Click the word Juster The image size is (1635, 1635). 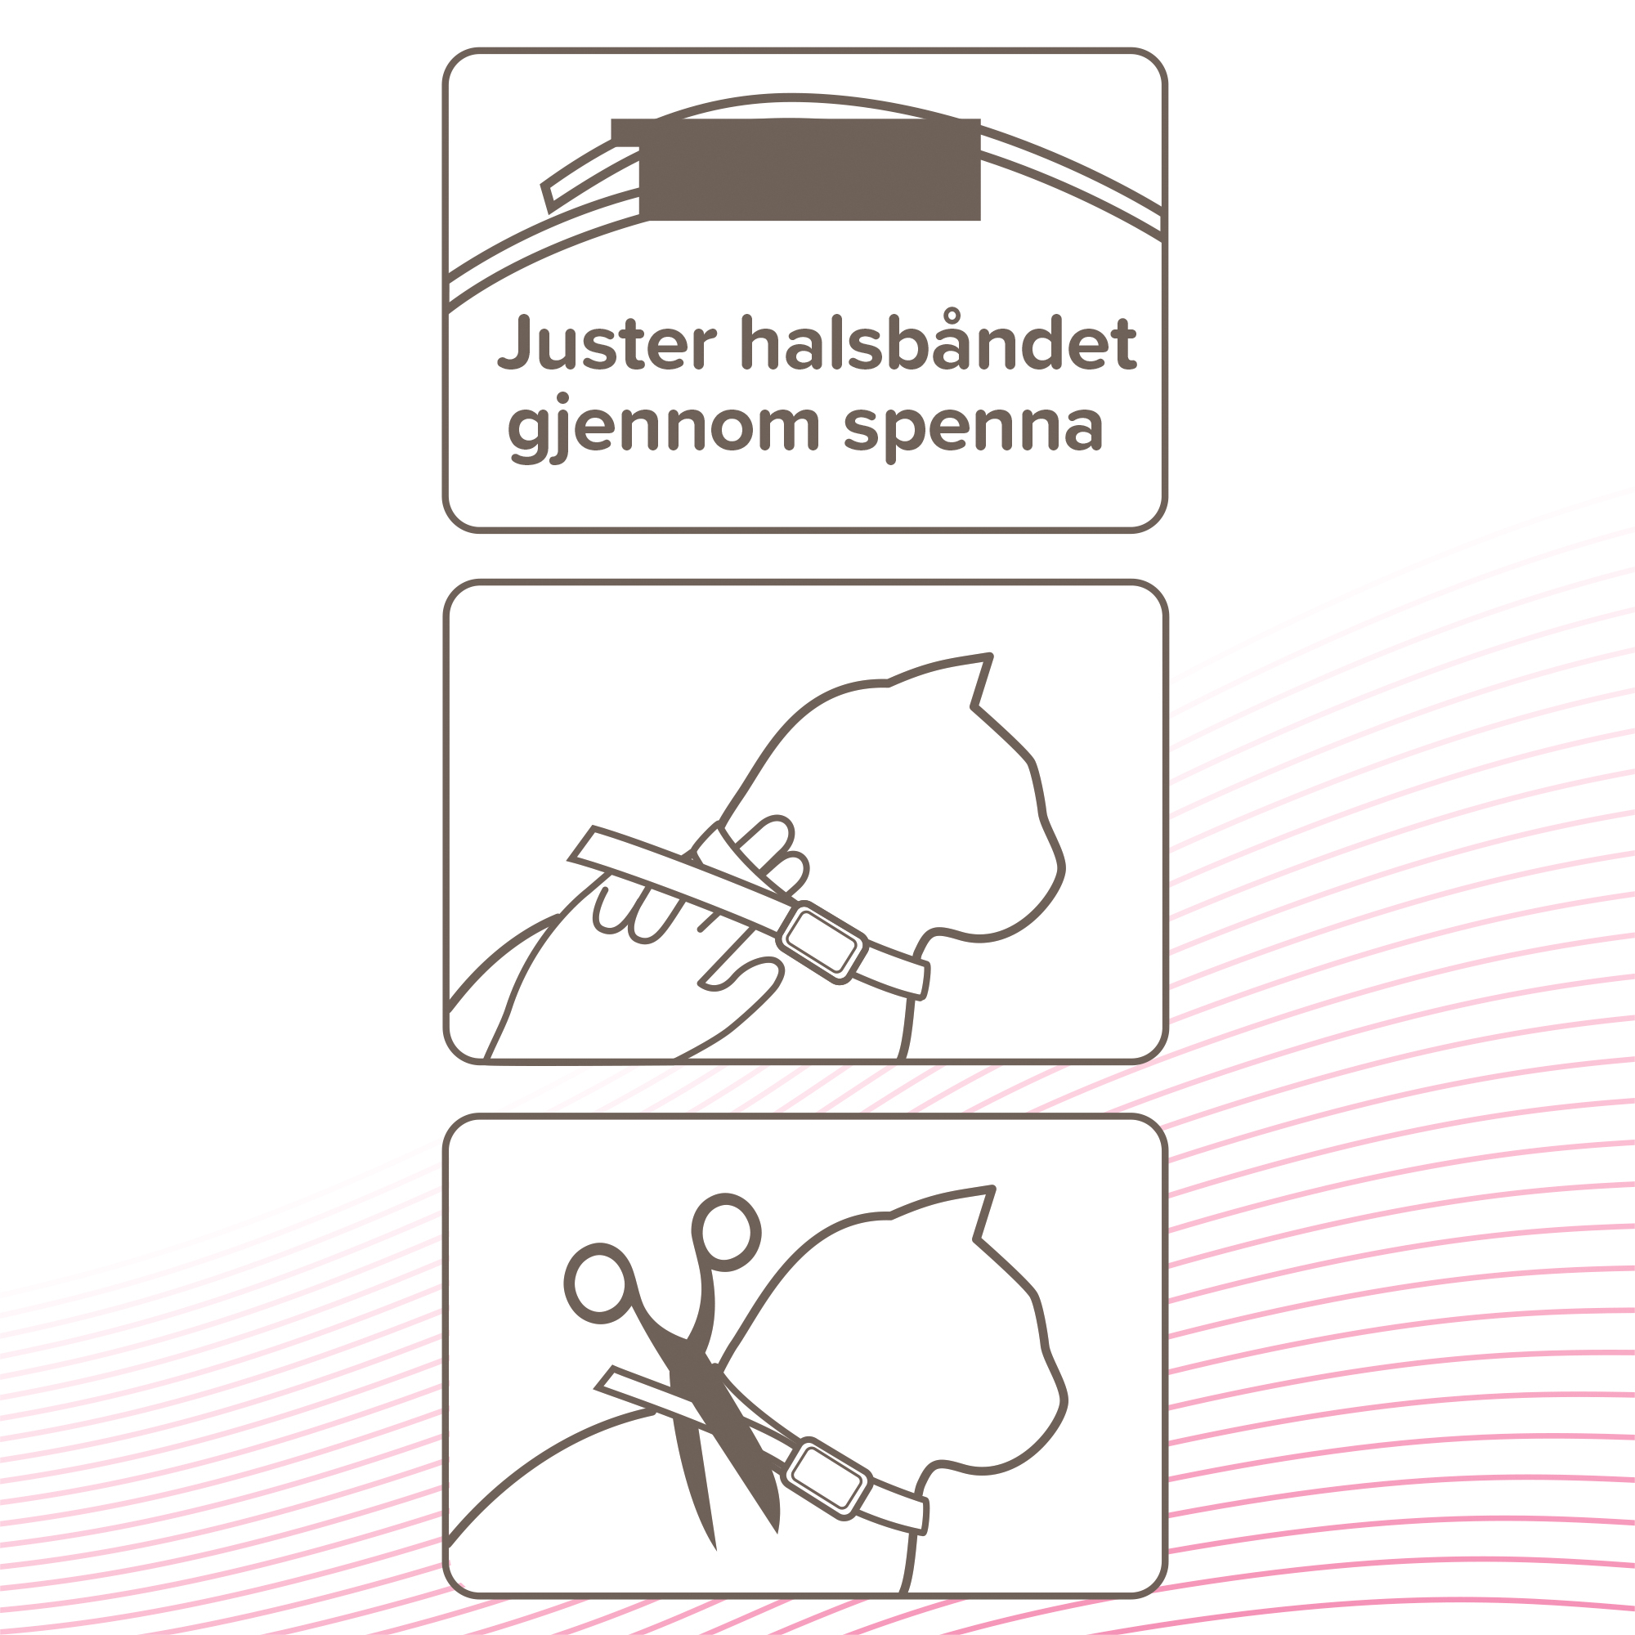click(x=607, y=343)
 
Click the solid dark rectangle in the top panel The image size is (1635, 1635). click(x=809, y=169)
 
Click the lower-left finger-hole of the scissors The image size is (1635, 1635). click(x=600, y=1283)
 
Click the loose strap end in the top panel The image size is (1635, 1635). click(x=549, y=196)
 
